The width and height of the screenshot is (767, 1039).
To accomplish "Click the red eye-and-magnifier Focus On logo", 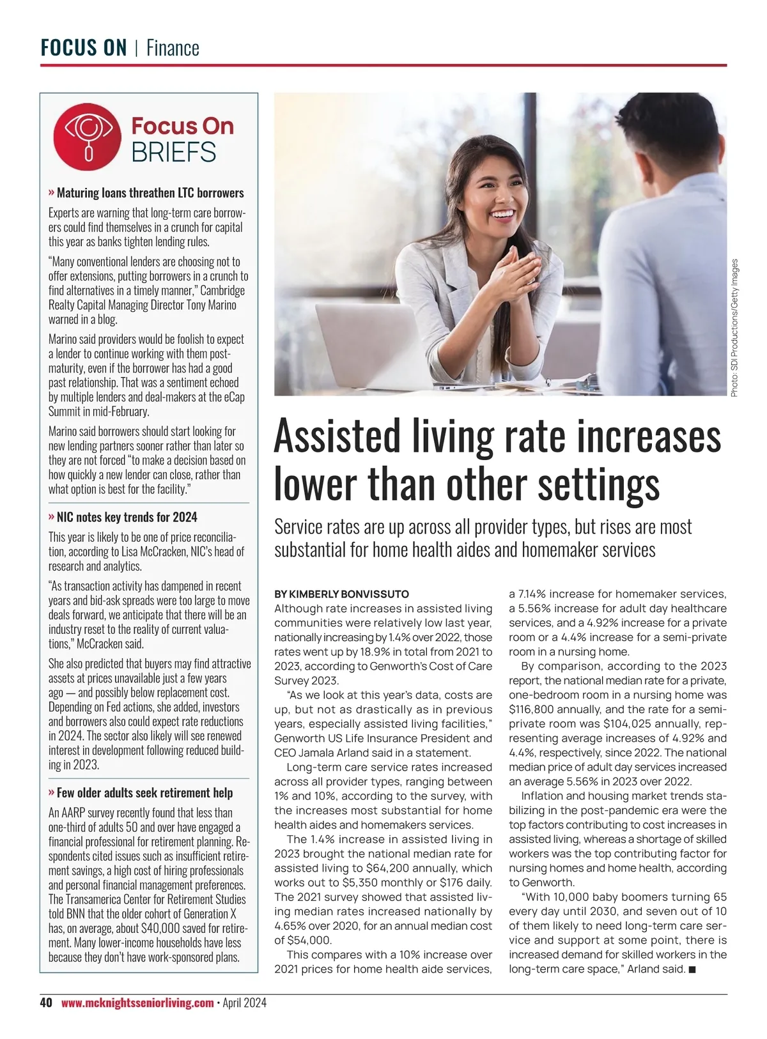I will pos(88,137).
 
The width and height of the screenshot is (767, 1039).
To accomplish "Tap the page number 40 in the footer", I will pos(46,1003).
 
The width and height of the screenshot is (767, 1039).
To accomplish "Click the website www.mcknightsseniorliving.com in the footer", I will pos(137,1003).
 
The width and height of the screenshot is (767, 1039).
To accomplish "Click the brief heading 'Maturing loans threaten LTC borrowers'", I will pos(150,192).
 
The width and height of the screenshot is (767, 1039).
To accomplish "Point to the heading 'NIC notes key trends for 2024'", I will pos(127,517).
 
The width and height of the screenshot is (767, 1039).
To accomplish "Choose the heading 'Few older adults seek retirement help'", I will pos(144,792).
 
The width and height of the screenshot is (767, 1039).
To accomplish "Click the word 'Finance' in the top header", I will pos(173,48).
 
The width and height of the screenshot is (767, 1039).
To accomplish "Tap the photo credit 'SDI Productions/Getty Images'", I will pos(734,327).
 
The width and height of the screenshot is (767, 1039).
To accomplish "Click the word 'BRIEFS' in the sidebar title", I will pos(174,153).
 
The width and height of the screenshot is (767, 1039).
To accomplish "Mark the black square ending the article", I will pos(692,969).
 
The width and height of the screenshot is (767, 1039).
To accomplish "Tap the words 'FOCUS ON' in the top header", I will pos(84,48).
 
